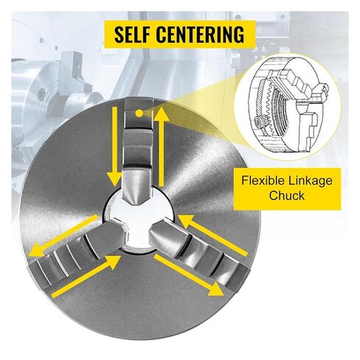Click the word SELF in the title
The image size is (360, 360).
pos(133,34)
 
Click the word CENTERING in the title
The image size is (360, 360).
pos(201,34)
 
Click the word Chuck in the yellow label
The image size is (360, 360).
pos(286,195)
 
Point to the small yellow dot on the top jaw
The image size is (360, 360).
pos(139,113)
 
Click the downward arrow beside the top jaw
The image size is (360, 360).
pos(114,147)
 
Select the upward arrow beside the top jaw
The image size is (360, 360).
pos(161,146)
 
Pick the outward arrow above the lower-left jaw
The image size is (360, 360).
pos(63,235)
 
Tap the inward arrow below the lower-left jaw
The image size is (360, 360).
pos(86,277)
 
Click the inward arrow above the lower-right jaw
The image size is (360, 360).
pos(212,235)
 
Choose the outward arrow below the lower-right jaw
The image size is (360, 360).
pos(189,275)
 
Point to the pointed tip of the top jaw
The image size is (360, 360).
pos(138,206)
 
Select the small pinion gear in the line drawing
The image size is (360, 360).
pos(259,122)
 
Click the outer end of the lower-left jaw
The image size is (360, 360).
pos(39,275)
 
